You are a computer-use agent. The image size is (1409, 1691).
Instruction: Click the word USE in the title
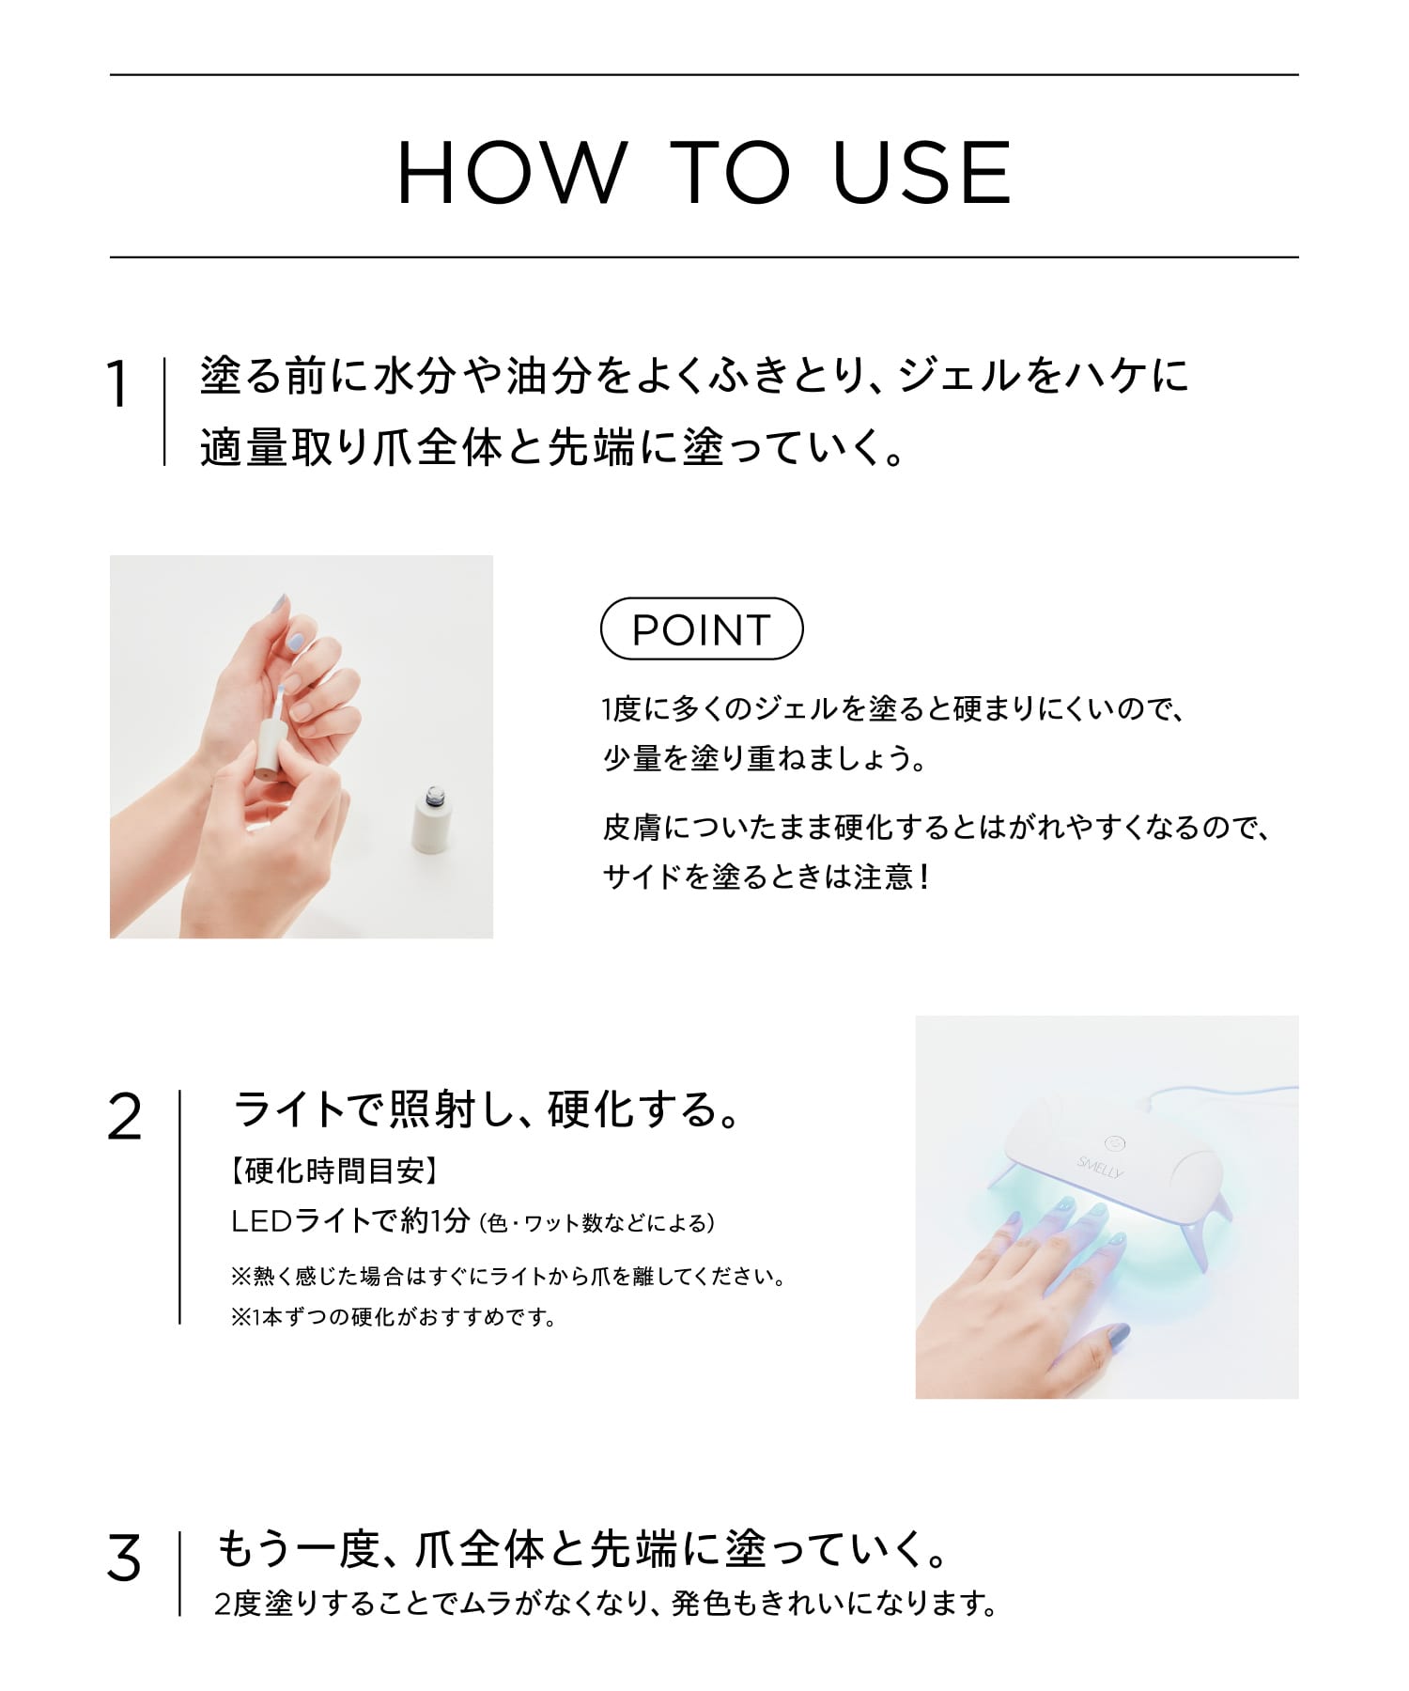pyautogui.click(x=922, y=173)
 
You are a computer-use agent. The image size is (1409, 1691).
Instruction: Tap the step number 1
pyautogui.click(x=117, y=385)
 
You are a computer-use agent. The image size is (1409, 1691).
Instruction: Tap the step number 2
pyautogui.click(x=124, y=1118)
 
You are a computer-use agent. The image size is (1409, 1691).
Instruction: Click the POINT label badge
pyautogui.click(x=702, y=628)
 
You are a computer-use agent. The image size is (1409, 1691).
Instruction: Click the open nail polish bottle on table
pyautogui.click(x=428, y=820)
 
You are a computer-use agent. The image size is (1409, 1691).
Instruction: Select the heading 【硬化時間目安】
pyautogui.click(x=333, y=1171)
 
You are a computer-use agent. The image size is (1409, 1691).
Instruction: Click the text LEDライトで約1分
pyautogui.click(x=349, y=1220)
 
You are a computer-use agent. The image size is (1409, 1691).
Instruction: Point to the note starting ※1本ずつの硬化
pyautogui.click(x=394, y=1317)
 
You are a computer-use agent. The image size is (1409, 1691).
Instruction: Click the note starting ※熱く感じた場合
pyautogui.click(x=507, y=1276)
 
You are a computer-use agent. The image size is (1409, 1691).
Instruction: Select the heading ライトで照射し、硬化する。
pyautogui.click(x=488, y=1110)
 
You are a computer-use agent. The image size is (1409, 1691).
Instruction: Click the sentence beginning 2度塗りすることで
pyautogui.click(x=606, y=1604)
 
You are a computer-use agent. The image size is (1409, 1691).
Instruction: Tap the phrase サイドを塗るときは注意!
pyautogui.click(x=766, y=877)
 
